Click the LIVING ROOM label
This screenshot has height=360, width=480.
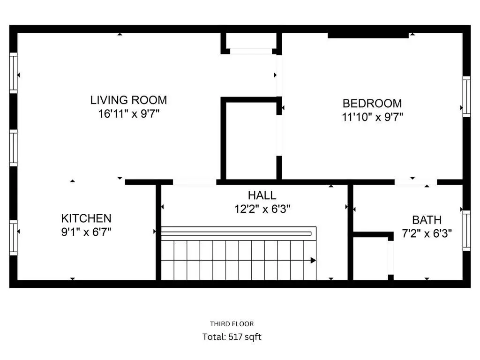[x=128, y=100]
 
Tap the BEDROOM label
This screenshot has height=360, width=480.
[x=372, y=103]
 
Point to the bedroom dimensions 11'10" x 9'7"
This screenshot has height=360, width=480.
[x=372, y=117]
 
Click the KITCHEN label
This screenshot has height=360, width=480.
[x=86, y=218]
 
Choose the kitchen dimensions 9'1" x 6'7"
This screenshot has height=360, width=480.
[x=86, y=232]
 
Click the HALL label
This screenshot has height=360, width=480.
[x=262, y=195]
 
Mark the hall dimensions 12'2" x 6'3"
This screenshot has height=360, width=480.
[x=262, y=209]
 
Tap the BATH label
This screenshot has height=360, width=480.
[x=427, y=219]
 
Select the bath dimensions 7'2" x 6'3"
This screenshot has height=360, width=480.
[x=427, y=233]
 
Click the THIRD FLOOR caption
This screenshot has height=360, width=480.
[x=232, y=323]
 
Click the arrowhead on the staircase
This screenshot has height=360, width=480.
[x=313, y=260]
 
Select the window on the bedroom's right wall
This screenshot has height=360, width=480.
[x=466, y=97]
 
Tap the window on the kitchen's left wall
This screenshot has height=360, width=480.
[x=14, y=237]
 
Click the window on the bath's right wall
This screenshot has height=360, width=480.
[x=466, y=231]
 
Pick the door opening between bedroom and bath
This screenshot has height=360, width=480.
[x=415, y=182]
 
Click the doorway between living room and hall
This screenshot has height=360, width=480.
[x=195, y=182]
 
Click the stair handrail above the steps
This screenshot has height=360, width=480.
[x=237, y=233]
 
